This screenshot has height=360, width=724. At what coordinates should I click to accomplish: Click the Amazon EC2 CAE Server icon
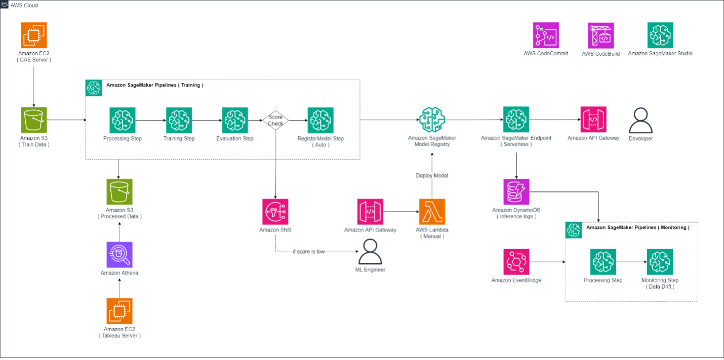34,35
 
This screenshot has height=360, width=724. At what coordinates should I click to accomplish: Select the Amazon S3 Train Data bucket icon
34,120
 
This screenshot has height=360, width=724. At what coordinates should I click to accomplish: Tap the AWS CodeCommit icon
546,35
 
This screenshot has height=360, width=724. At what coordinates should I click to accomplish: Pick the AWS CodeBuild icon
600,35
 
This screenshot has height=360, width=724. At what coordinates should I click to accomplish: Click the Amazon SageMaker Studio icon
660,35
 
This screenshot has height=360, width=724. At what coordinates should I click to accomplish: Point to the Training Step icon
179,120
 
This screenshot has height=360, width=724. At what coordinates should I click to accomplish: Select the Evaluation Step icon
235,120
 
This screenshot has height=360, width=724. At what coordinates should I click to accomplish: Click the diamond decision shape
275,121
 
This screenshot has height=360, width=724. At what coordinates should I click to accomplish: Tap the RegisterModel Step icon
320,120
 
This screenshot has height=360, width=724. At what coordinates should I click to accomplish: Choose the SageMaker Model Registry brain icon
431,120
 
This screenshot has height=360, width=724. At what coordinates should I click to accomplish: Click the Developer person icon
640,121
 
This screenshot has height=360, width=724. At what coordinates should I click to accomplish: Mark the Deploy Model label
432,176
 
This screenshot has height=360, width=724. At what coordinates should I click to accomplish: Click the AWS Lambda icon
432,212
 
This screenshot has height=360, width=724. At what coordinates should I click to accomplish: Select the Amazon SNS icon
275,212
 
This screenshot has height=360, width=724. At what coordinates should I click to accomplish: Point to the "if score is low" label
308,252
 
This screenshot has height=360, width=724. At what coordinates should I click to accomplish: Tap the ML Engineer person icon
370,251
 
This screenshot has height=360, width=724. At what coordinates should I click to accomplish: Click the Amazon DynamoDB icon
516,191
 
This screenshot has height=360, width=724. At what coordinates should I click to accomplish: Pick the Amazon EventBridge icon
516,262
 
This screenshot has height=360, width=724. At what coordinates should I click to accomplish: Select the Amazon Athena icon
119,254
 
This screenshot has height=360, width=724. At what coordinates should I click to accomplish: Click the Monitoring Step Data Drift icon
660,262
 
